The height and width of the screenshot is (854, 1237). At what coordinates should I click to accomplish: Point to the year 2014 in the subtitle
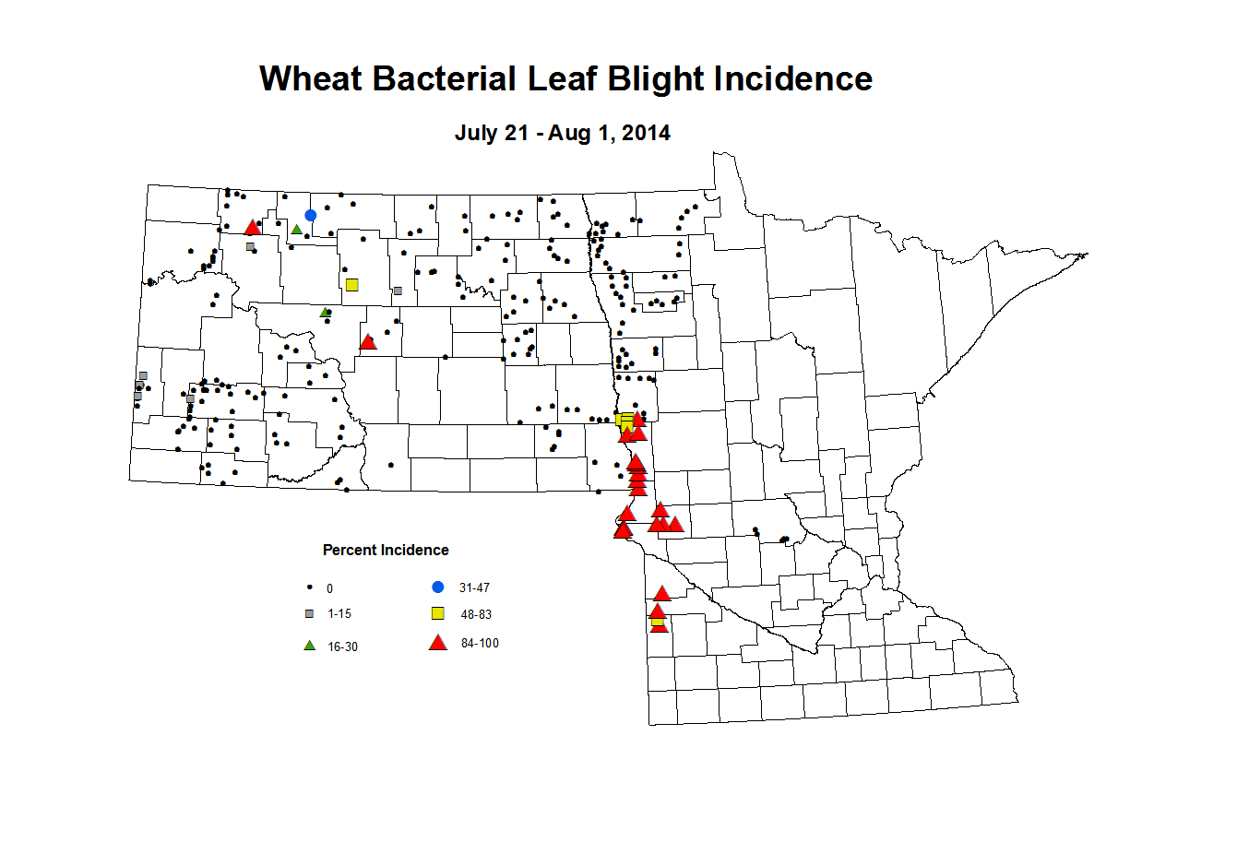coord(646,133)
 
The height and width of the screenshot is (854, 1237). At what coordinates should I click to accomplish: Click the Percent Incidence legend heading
coord(386,551)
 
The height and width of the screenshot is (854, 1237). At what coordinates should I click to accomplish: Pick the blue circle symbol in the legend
coord(438,587)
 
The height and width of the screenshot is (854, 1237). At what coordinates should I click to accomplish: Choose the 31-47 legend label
coord(474,588)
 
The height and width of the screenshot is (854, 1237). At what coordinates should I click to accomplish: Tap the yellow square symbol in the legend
coord(438,614)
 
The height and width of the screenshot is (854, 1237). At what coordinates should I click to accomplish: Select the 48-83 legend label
coord(476,615)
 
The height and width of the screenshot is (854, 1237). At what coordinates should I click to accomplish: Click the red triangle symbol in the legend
coord(438,643)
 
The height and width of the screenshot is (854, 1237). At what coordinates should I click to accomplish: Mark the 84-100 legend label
coord(480,644)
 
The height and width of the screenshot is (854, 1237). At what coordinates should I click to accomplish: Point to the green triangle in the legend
coord(310,646)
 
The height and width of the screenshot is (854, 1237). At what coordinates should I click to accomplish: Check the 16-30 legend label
coord(342,647)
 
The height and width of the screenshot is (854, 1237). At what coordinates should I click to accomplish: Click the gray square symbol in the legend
coord(310,614)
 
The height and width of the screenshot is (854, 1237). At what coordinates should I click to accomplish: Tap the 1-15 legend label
coord(339,614)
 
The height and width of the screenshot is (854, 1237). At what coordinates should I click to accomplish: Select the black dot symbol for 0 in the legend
coord(310,587)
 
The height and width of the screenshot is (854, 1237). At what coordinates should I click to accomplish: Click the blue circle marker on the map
coord(311,215)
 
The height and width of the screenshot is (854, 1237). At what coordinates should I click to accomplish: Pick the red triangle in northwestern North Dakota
coord(252,228)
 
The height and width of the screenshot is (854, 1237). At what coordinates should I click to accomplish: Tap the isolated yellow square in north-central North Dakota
coord(351,285)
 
